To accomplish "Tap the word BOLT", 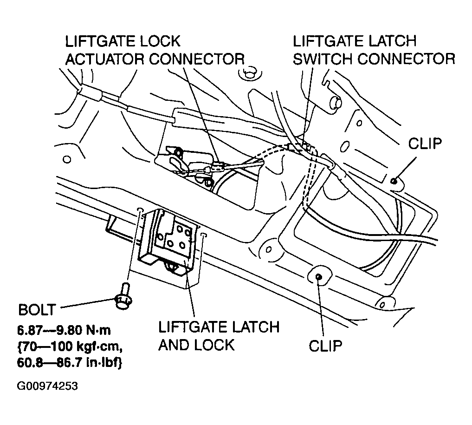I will (x=37, y=309).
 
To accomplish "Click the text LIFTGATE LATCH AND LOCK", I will (x=219, y=335).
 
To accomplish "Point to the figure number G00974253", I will (x=47, y=386).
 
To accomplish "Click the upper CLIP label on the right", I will (x=425, y=144).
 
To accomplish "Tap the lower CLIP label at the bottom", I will (x=325, y=346).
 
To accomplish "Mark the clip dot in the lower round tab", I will (x=318, y=277).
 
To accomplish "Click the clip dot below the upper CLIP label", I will (x=394, y=181).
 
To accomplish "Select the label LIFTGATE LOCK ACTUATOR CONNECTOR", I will (x=155, y=50).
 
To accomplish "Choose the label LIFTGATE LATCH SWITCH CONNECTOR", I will (x=374, y=50).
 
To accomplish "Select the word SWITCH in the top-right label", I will (x=325, y=59).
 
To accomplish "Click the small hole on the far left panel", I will (x=67, y=160).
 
